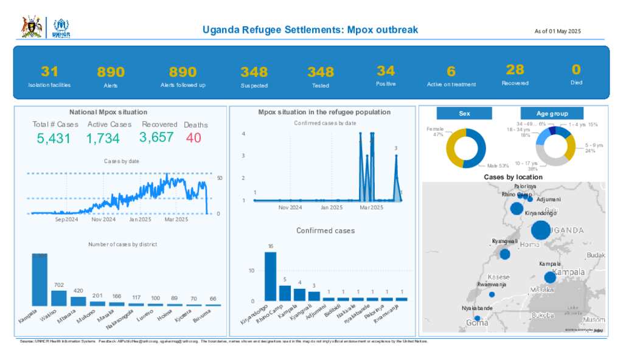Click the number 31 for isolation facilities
(x=49, y=71)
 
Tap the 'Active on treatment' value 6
(x=451, y=72)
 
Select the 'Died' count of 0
(x=576, y=69)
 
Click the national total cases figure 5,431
(x=54, y=139)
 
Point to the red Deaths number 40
(x=193, y=138)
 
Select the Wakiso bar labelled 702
(x=59, y=297)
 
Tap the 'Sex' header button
(x=464, y=114)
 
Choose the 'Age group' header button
(x=552, y=114)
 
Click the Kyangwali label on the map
(x=505, y=241)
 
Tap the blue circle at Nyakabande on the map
(x=478, y=318)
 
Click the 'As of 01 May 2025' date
(x=558, y=31)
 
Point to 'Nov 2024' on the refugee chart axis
(x=290, y=207)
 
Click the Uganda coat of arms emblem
(x=32, y=27)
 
